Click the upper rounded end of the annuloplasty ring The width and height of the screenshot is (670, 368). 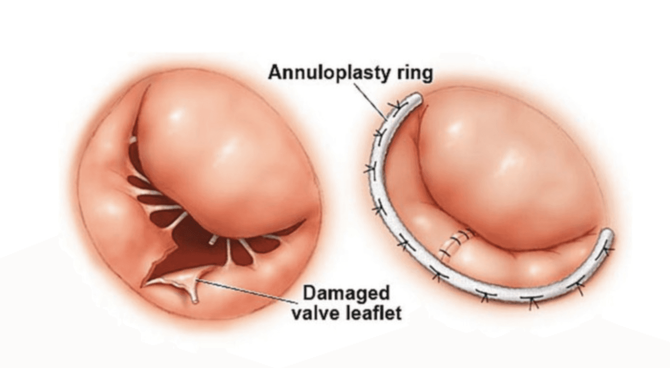tap(417, 99)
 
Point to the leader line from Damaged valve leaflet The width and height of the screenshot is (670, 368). tap(248, 290)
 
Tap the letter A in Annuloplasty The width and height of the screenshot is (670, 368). tap(275, 73)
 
